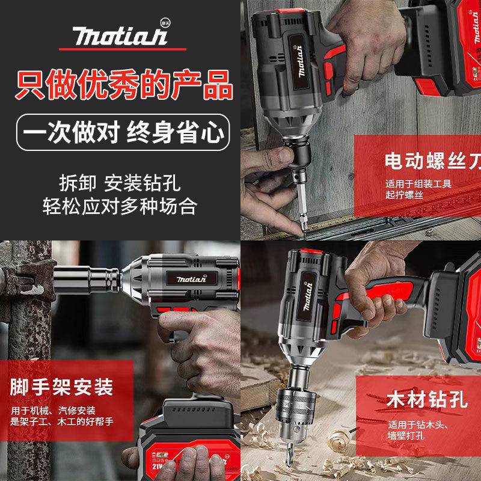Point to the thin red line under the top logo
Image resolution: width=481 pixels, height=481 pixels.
tap(121, 49)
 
